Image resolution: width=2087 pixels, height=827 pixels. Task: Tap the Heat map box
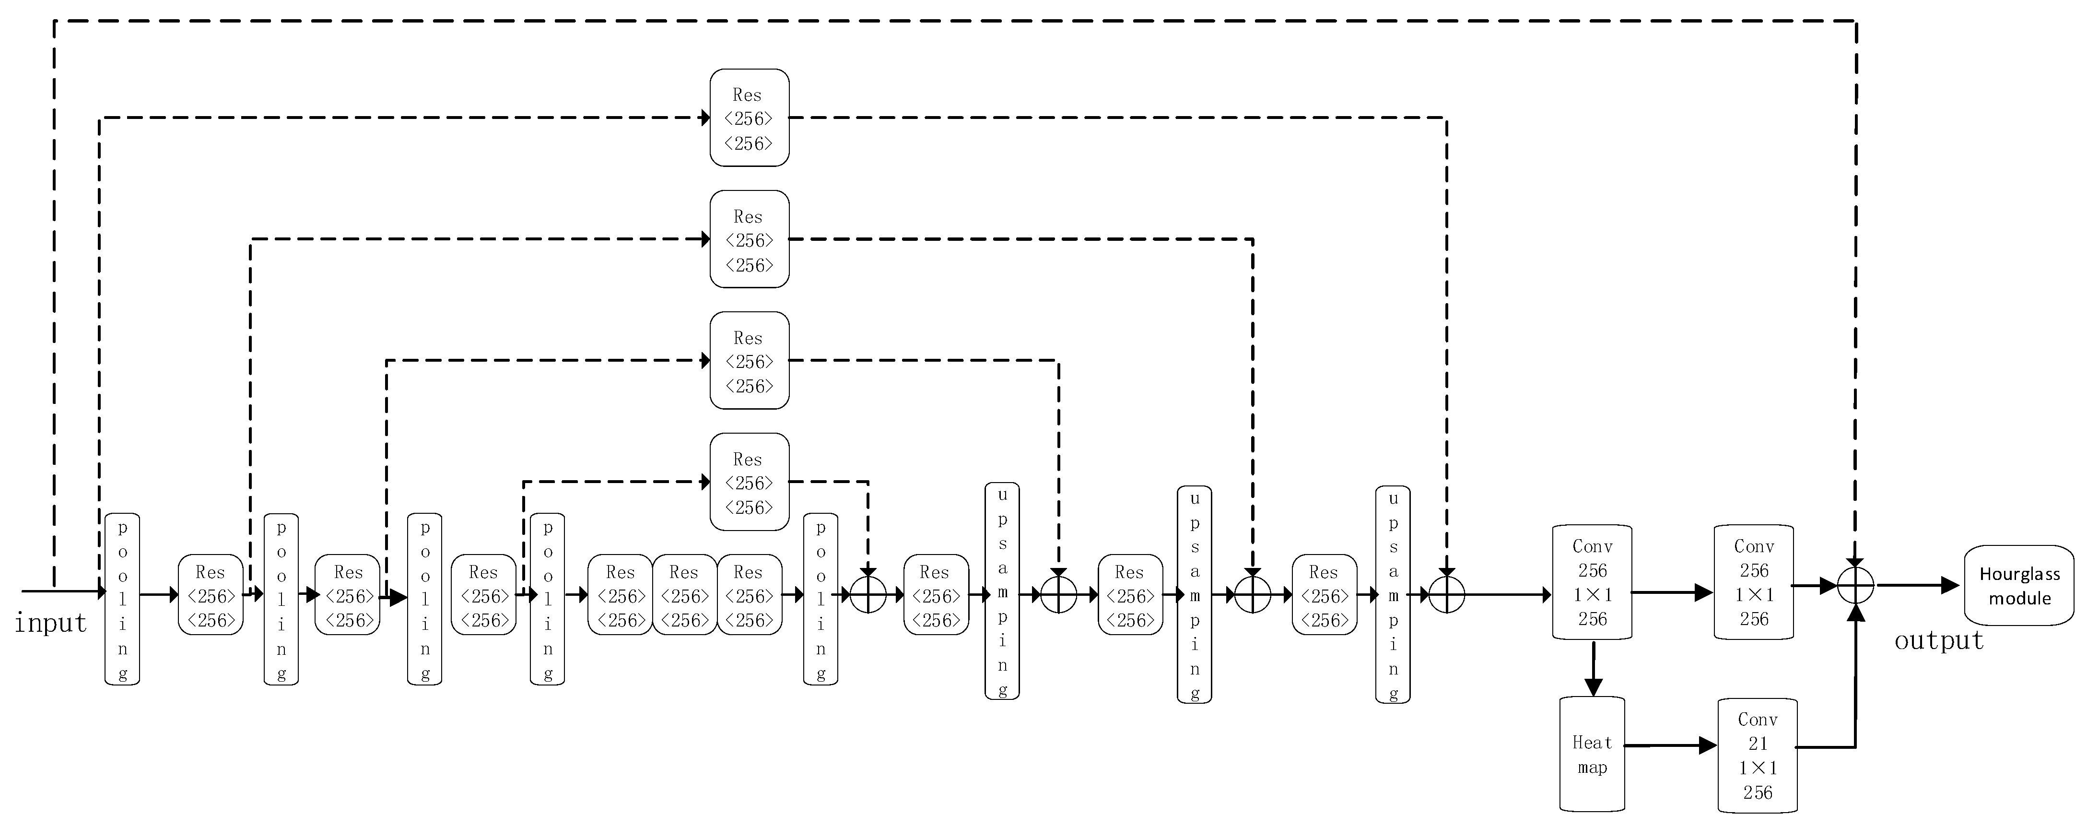pos(1592,754)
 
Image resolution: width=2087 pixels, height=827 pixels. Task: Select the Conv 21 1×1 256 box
pos(1757,755)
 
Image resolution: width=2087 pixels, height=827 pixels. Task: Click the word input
pos(50,623)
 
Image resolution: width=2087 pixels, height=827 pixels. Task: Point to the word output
pos(1939,640)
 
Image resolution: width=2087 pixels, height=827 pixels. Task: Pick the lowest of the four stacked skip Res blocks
pos(750,483)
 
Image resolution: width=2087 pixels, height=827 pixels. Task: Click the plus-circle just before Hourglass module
pos(1855,585)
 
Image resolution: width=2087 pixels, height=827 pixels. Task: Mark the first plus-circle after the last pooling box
pos(868,594)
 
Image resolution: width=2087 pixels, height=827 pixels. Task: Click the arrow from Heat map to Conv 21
pos(1671,745)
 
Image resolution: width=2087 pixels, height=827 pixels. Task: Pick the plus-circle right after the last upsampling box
pos(1447,594)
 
